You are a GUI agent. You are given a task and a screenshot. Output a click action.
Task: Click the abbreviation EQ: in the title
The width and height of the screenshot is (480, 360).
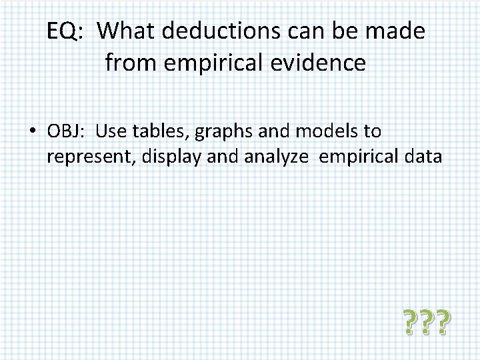pyautogui.click(x=63, y=31)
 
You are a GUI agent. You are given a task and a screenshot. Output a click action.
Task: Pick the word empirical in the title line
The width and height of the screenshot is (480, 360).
pyautogui.click(x=207, y=63)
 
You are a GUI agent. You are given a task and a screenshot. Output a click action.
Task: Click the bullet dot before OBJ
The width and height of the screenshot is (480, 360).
pyautogui.click(x=32, y=132)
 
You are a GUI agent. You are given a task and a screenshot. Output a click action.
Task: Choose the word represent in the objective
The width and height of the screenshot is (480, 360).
pyautogui.click(x=87, y=157)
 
